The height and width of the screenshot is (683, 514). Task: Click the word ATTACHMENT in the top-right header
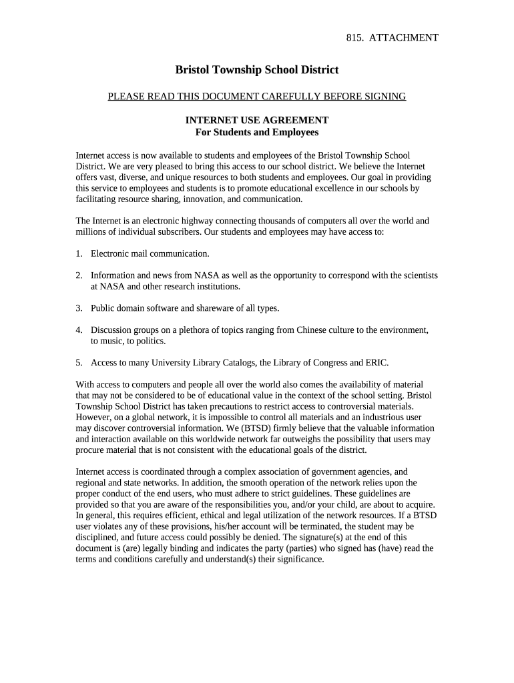pos(405,37)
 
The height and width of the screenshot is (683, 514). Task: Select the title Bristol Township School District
pos(256,69)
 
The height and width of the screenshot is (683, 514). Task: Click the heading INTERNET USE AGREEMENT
pos(256,120)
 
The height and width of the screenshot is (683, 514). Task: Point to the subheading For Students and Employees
pos(256,132)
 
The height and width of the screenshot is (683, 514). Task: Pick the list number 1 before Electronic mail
pos(78,253)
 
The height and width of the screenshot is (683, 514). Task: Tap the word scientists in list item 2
pos(417,275)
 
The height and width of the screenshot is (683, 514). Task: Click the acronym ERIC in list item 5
pos(378,363)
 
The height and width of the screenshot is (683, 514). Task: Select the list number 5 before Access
pos(78,363)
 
